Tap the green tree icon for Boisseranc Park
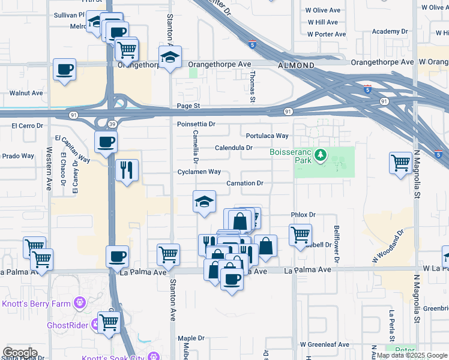pos(321,156)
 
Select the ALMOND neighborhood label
pos(296,65)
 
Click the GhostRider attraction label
pos(67,326)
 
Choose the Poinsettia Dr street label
pos(196,124)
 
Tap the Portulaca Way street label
pos(267,136)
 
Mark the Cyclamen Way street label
pos(199,172)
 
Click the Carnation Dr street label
pos(245,183)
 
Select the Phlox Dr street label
pos(303,214)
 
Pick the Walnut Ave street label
pos(26,93)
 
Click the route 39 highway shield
pos(112,124)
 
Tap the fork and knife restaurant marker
pos(126,170)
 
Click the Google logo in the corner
pos(20,353)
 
